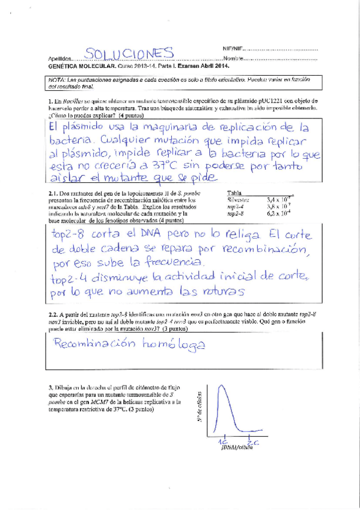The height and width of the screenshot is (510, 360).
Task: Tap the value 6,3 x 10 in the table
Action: [279, 213]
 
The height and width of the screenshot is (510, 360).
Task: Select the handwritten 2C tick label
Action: [253, 441]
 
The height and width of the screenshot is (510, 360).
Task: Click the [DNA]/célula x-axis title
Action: [236, 448]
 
